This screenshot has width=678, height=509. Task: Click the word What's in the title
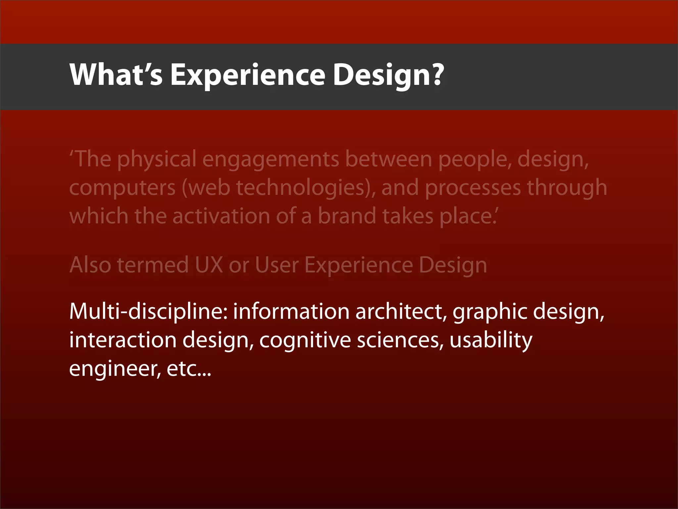point(116,75)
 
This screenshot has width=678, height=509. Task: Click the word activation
point(221,216)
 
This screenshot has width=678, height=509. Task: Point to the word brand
point(347,216)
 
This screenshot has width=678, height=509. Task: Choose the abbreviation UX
point(209,265)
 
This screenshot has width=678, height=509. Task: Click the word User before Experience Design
point(277,265)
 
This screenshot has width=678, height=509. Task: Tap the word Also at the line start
point(90,265)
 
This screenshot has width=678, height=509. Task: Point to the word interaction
point(123,340)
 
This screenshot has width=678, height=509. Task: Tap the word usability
point(491,341)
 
